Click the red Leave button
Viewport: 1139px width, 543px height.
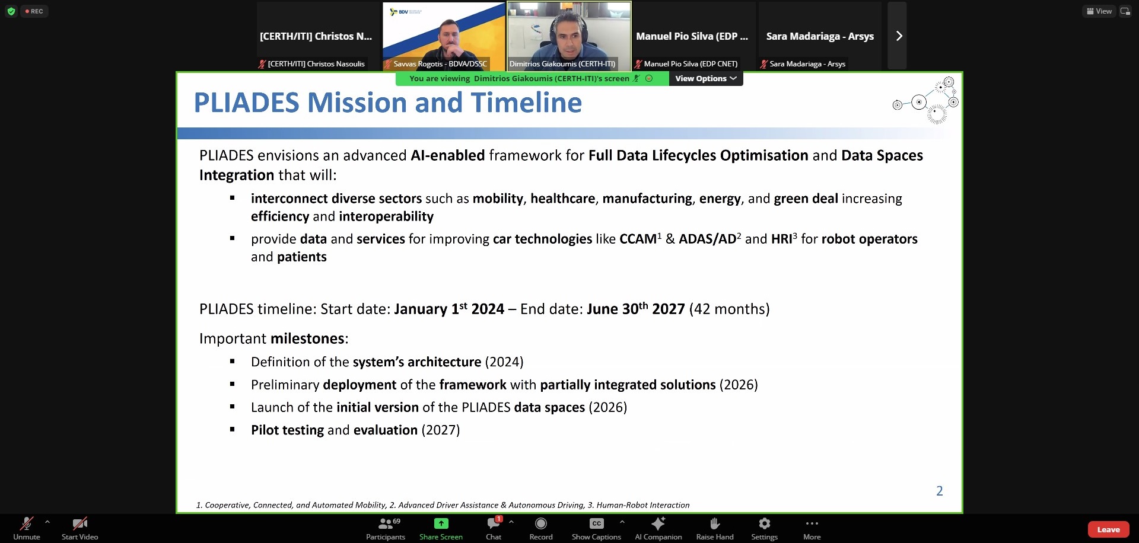(1108, 529)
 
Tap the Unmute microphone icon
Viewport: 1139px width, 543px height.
(27, 523)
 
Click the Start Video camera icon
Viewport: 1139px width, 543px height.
(79, 523)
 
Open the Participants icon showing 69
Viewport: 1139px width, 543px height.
(386, 523)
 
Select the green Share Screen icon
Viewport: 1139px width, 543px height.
(441, 523)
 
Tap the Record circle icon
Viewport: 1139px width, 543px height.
(541, 523)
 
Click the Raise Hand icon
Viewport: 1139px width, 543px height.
(715, 523)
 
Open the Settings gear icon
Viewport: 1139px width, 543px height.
(765, 523)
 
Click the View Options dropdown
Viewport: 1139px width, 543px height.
(706, 78)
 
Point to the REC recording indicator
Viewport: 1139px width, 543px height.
(34, 11)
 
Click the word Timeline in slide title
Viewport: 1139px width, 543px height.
(527, 103)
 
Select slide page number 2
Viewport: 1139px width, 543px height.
(940, 491)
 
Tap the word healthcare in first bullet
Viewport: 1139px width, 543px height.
(562, 199)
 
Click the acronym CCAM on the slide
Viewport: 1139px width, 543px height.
(638, 239)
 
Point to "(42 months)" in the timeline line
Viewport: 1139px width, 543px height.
(729, 309)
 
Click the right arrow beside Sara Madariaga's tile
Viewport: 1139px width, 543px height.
(899, 36)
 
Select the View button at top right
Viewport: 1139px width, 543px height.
(1099, 11)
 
